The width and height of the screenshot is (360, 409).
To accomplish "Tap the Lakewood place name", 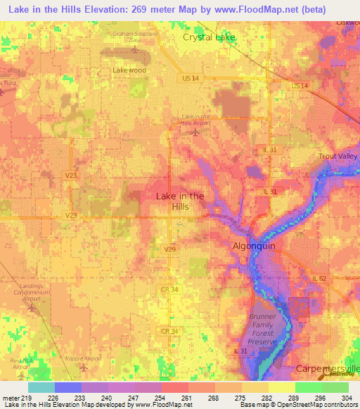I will pyautogui.click(x=129, y=71).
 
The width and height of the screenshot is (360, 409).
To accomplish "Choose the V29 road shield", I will pyautogui.click(x=169, y=249).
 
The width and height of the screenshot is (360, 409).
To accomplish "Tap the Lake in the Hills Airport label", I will pyautogui.click(x=195, y=119).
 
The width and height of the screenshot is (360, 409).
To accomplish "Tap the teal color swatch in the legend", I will pyautogui.click(x=41, y=387).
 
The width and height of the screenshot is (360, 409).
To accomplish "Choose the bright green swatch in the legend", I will pyautogui.click(x=308, y=387).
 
